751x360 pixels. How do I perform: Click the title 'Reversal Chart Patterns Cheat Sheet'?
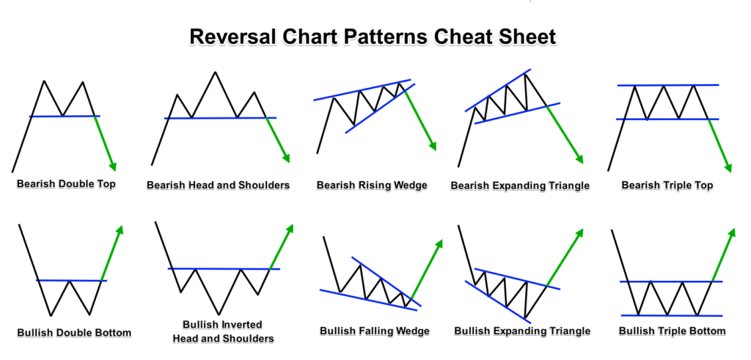[373, 37]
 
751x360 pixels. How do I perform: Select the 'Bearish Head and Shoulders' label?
[218, 185]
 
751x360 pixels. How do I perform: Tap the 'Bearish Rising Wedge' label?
[371, 185]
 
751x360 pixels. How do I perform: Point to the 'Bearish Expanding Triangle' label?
[520, 185]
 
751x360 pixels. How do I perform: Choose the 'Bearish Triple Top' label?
[667, 185]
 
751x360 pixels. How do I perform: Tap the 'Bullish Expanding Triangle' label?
[521, 331]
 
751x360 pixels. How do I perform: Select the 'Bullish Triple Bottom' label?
[672, 331]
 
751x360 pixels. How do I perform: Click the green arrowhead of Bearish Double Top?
[112, 166]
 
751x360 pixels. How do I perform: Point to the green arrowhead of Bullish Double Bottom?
[120, 230]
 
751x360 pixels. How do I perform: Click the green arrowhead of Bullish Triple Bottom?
[731, 232]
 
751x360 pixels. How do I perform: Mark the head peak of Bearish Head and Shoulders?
[215, 72]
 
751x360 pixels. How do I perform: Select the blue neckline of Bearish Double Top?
[65, 116]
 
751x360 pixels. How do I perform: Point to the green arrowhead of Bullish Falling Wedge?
[439, 243]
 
